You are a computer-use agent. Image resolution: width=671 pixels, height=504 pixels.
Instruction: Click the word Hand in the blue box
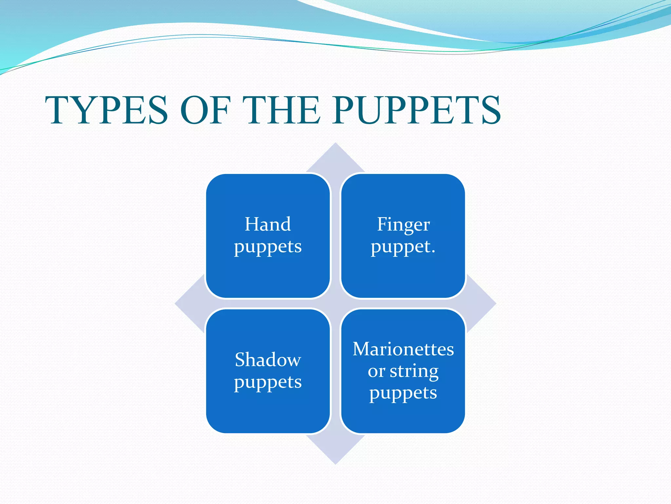(x=268, y=224)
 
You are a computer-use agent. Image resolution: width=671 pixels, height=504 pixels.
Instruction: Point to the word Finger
(x=403, y=225)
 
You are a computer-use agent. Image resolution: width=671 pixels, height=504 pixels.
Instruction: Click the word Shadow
(x=268, y=360)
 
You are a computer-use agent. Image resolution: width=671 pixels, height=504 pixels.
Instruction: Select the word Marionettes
(x=403, y=349)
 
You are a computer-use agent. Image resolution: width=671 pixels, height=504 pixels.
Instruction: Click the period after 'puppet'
(x=433, y=252)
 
